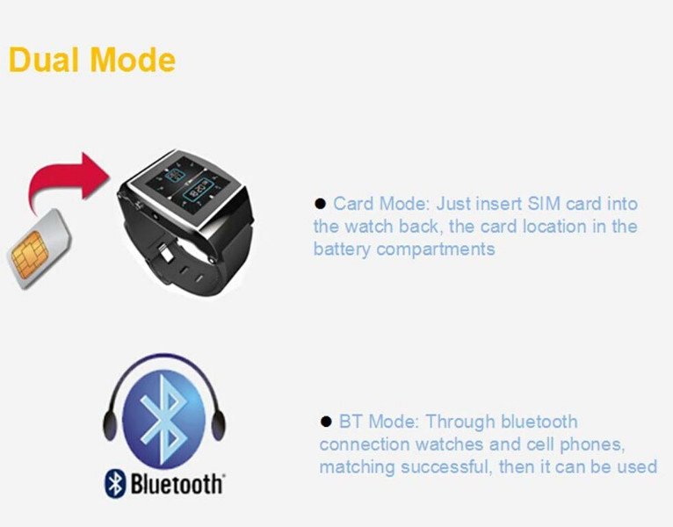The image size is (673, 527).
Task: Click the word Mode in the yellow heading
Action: pos(134,60)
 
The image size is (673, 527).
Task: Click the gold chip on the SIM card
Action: pos(29,254)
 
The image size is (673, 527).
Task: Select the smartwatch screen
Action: pos(189,186)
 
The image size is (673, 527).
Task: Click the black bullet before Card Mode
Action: pos(320,204)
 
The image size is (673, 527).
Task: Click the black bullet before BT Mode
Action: pos(326,422)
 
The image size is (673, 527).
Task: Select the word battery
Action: pos(342,249)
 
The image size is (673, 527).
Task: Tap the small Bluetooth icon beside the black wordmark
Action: pos(115,483)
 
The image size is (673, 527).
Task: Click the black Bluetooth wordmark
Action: pos(177,484)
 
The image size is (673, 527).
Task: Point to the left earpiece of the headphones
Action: pos(111,424)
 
